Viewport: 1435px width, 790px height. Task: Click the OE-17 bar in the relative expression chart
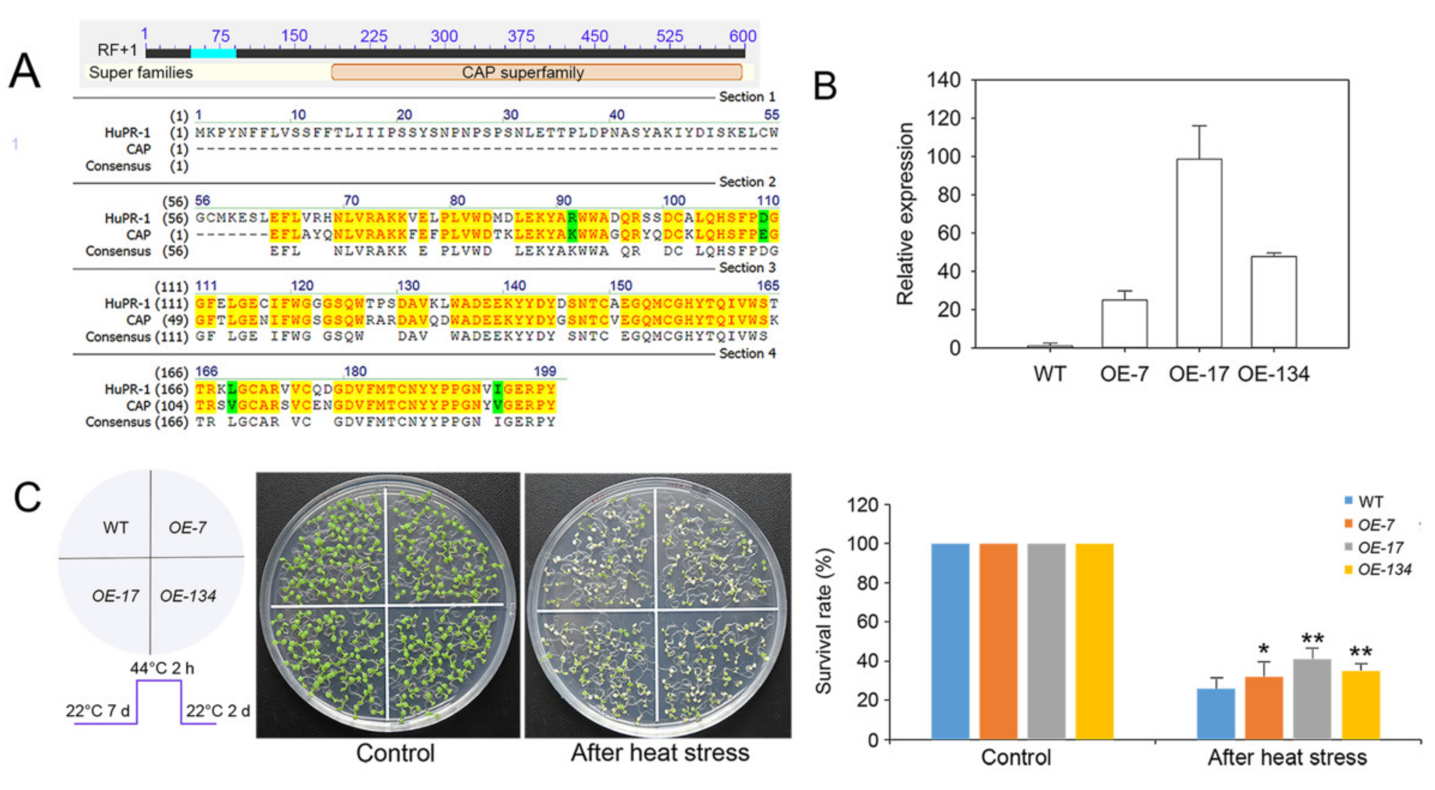(1199, 253)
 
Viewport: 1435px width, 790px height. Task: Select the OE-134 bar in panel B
(1273, 302)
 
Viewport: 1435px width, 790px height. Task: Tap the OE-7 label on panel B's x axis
(1124, 374)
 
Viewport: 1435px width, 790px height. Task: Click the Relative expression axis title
(905, 214)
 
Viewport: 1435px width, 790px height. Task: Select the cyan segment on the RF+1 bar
(213, 53)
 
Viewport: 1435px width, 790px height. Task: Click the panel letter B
(825, 87)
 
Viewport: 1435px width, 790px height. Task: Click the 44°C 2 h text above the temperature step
(162, 668)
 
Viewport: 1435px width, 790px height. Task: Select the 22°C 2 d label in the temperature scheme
(218, 711)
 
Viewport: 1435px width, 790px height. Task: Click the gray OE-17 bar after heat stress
(1312, 699)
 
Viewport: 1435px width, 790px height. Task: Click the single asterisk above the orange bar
(1263, 649)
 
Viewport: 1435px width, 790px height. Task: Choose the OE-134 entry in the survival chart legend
(1384, 570)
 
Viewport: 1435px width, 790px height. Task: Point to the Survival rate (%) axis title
(823, 621)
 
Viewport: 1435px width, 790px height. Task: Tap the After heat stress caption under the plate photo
(660, 753)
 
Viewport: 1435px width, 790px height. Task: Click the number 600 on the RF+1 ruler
(743, 36)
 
